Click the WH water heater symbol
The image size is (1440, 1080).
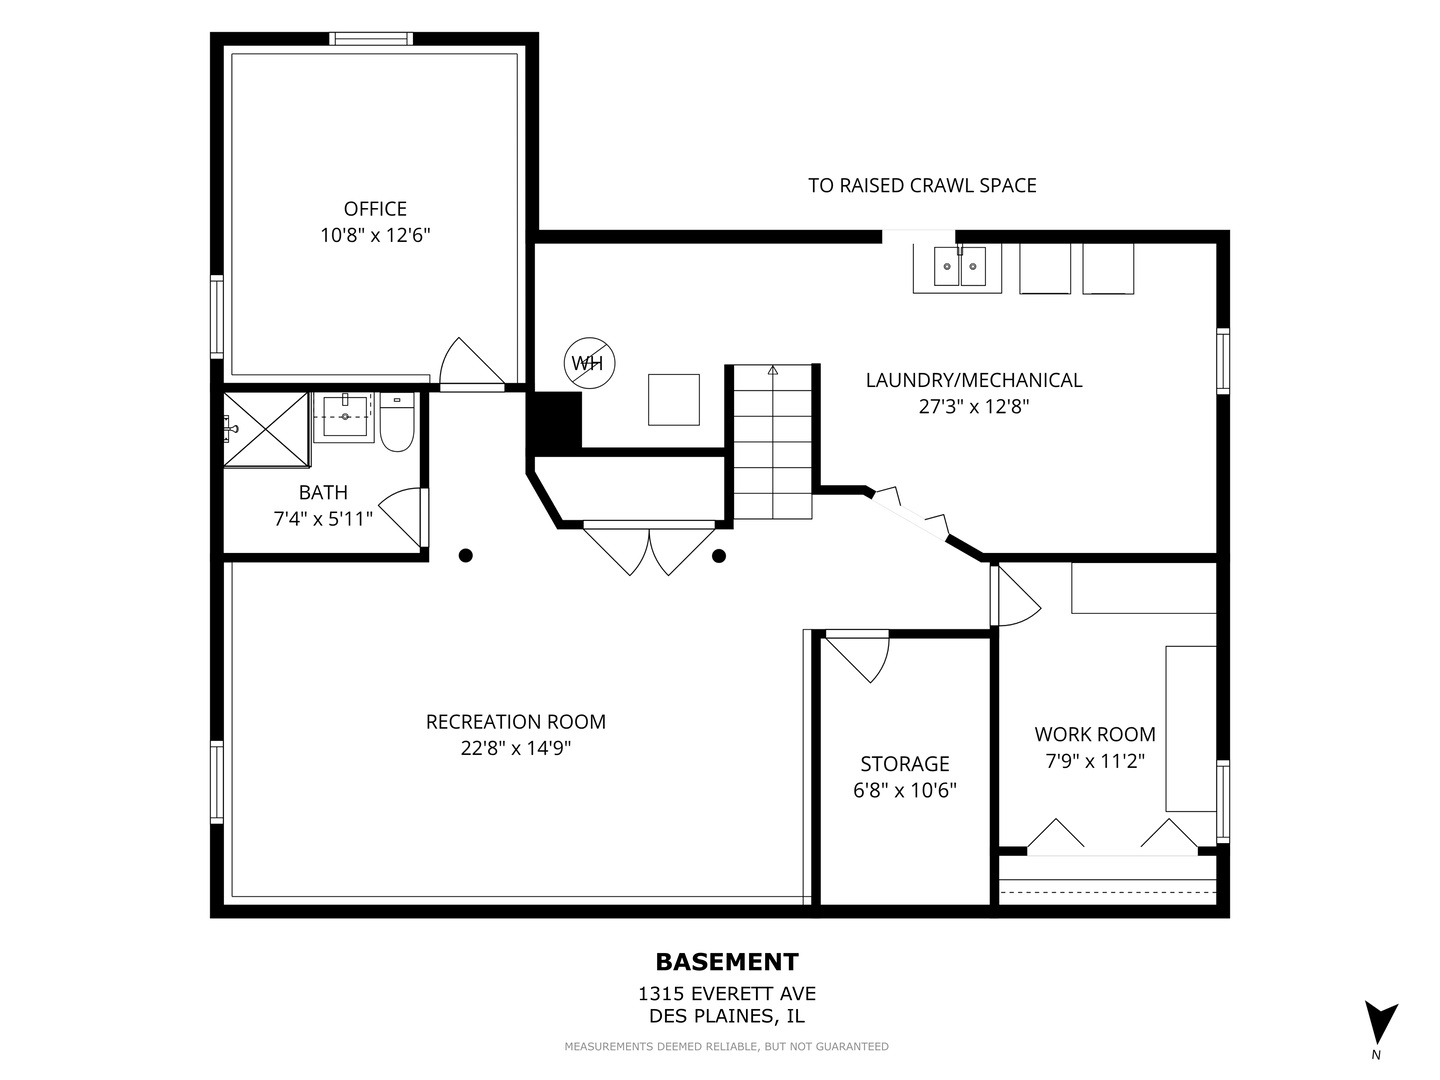click(589, 363)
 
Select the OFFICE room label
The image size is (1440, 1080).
click(375, 209)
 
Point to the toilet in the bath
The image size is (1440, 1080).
click(397, 422)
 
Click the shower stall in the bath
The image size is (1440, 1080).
click(266, 430)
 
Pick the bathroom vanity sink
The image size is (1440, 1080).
click(345, 416)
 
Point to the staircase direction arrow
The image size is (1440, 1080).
click(773, 370)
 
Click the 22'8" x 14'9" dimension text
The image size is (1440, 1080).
click(516, 748)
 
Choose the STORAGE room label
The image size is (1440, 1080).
click(905, 763)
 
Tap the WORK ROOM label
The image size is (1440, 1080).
click(1095, 734)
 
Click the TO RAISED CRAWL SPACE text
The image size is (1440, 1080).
click(922, 186)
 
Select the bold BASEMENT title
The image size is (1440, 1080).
click(727, 962)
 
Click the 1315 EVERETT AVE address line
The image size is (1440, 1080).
click(727, 993)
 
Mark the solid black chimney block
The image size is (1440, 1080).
click(555, 420)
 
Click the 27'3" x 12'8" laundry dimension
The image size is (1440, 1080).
click(974, 407)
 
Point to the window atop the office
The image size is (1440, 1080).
click(371, 39)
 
